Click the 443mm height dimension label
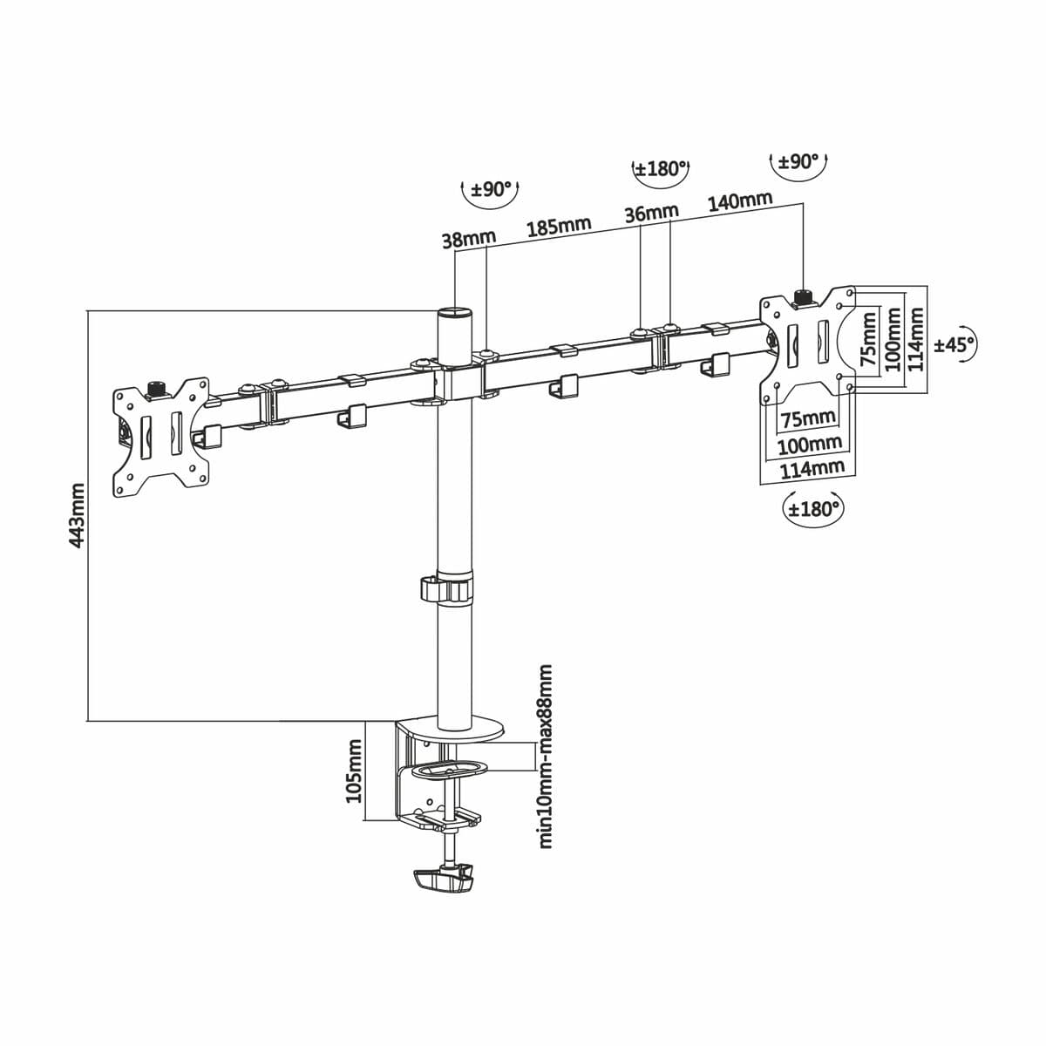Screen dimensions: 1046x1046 pyautogui.click(x=77, y=516)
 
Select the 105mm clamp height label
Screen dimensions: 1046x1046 pyautogui.click(x=353, y=771)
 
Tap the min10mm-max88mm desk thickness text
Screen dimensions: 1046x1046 pyautogui.click(x=547, y=757)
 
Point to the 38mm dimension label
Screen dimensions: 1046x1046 pyautogui.click(x=468, y=239)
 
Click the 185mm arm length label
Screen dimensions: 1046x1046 pyautogui.click(x=559, y=228)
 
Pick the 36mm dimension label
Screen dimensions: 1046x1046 pyautogui.click(x=651, y=214)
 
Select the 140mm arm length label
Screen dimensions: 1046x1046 pyautogui.click(x=740, y=201)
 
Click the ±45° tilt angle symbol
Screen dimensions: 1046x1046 pyautogui.click(x=954, y=344)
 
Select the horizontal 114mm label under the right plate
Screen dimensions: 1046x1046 pyautogui.click(x=812, y=468)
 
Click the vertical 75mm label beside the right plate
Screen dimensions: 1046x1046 pyautogui.click(x=867, y=340)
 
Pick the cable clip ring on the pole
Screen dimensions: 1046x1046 pyautogui.click(x=448, y=588)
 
